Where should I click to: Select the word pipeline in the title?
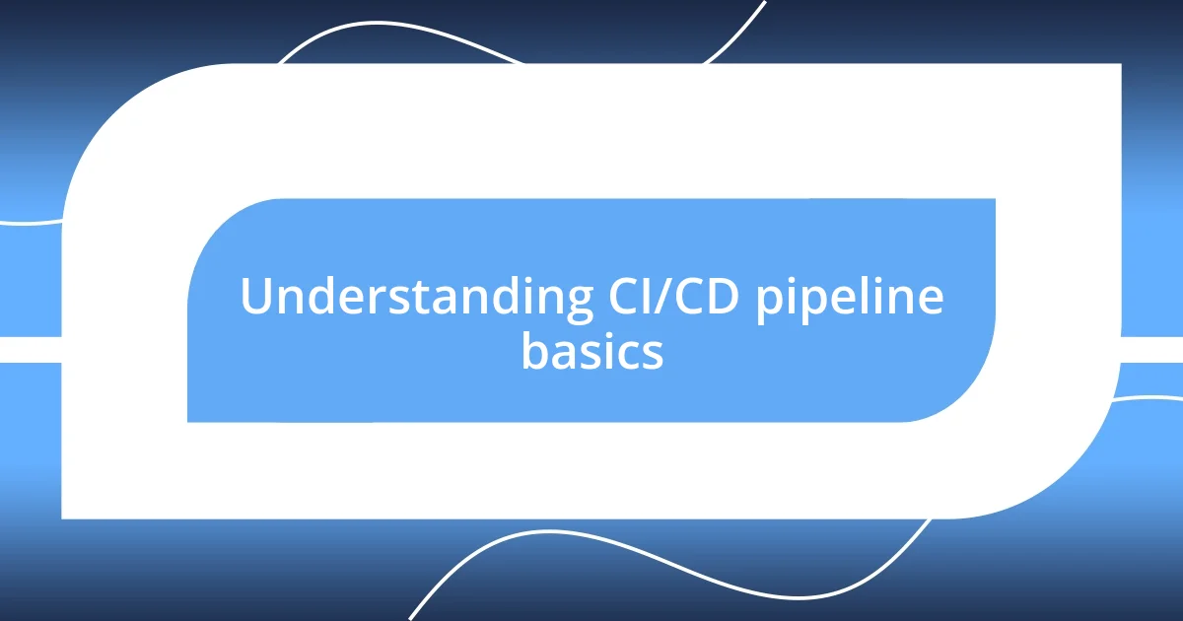click(850, 298)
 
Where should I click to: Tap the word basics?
click(591, 352)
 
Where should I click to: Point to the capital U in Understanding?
click(255, 298)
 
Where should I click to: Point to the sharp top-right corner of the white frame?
click(1119, 66)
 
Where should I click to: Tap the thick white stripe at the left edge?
click(30, 349)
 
